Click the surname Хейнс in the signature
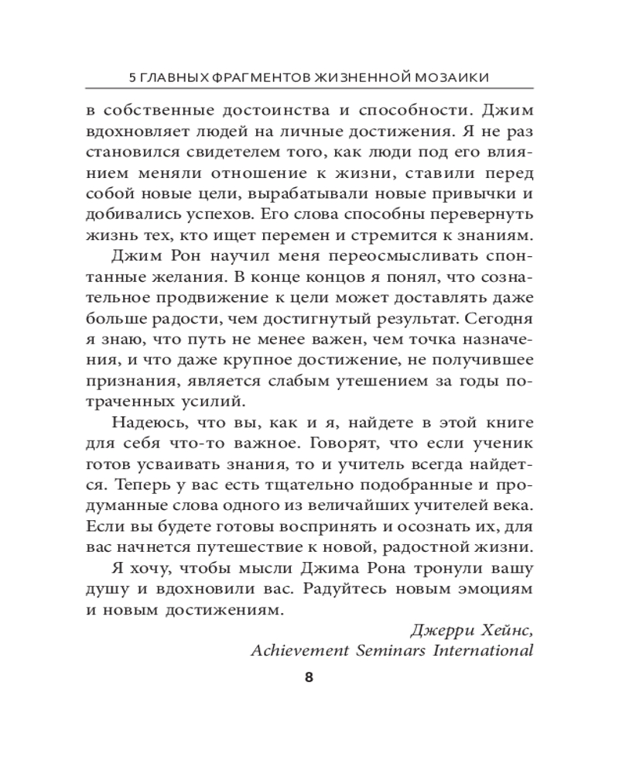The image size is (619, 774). pyautogui.click(x=502, y=629)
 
